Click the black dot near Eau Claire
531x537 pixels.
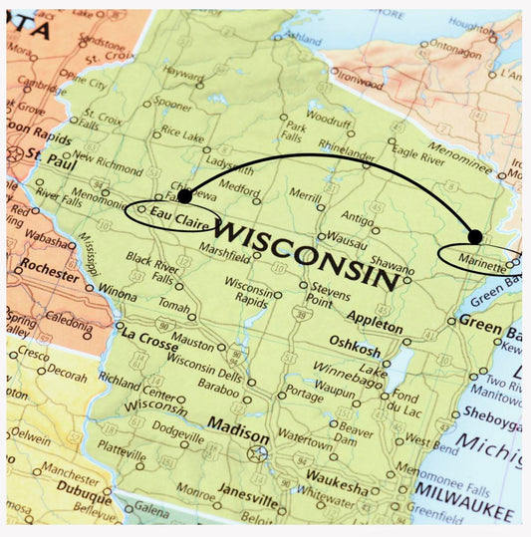tap(184, 196)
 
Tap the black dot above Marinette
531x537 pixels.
tap(475, 236)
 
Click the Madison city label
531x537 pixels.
tap(237, 436)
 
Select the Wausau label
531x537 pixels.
tap(348, 239)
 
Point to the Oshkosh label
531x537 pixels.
tap(355, 349)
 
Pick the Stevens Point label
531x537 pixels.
tap(329, 297)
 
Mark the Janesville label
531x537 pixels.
tap(247, 493)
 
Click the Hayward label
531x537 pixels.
tap(184, 73)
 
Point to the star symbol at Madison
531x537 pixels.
tap(258, 453)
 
